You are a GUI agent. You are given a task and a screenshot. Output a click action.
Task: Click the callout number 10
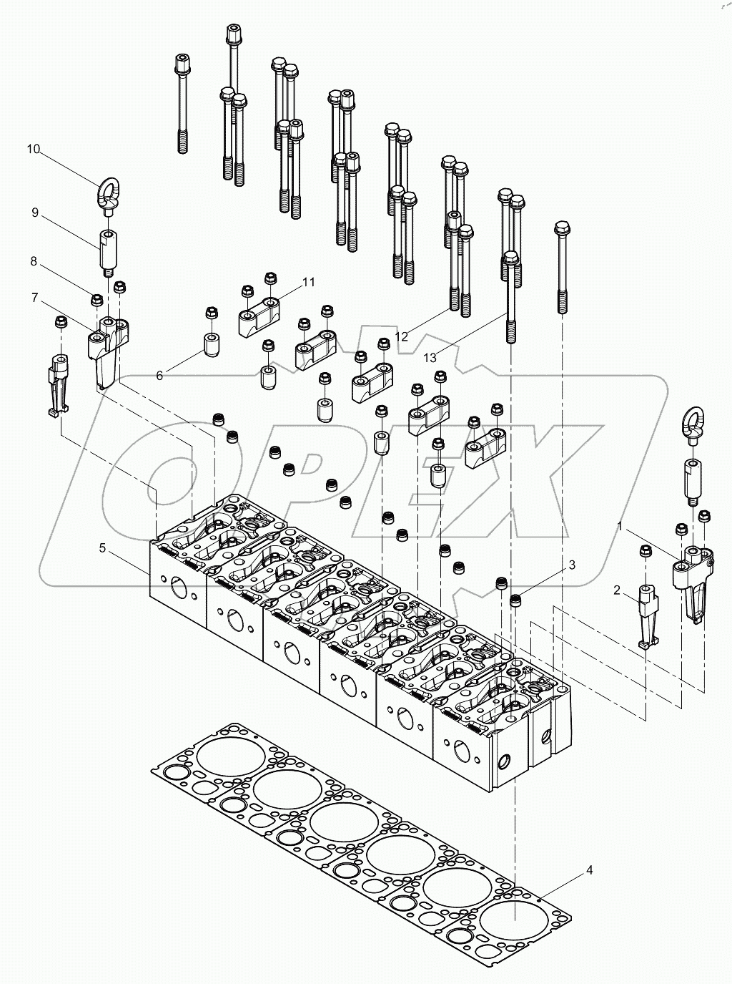(34, 149)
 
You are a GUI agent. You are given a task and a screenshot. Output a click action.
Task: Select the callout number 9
(34, 213)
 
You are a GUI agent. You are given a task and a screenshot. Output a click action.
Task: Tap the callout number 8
(34, 261)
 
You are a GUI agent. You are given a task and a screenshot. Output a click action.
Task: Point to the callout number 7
(34, 296)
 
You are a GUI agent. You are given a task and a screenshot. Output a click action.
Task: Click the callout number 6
(159, 375)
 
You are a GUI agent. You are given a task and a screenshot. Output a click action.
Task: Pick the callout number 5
(103, 548)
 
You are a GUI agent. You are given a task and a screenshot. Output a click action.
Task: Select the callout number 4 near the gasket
(589, 870)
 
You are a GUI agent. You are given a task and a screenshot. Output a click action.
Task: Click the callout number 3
(571, 565)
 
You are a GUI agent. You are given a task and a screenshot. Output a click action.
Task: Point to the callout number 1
(620, 527)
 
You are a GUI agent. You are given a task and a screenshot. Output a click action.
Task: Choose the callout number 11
(308, 282)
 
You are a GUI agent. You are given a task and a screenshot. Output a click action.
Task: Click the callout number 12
(402, 336)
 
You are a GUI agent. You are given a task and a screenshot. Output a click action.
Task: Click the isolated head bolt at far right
(562, 268)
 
